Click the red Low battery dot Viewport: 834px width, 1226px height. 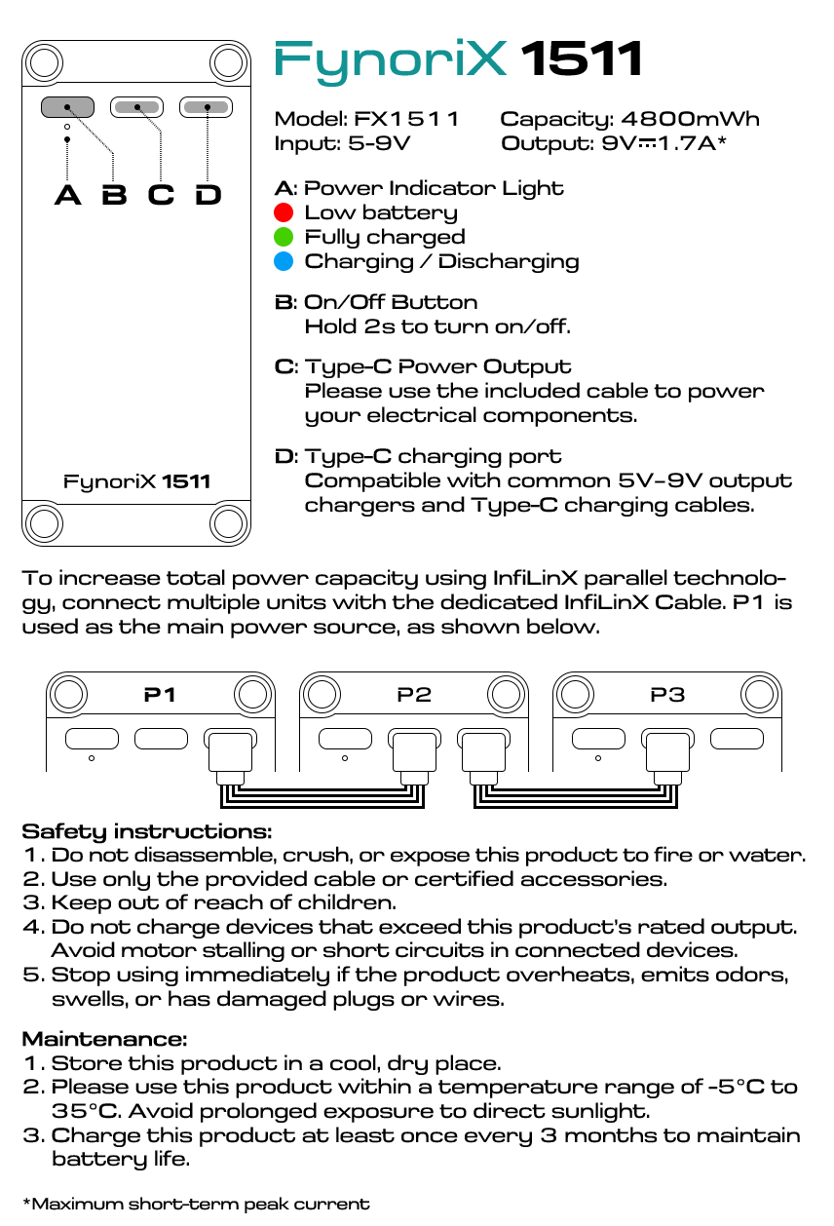coord(284,212)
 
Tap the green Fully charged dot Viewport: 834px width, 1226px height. coord(284,237)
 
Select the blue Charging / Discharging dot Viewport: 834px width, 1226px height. coord(284,261)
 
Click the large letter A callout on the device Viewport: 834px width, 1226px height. coord(67,195)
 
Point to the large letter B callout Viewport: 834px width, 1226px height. coord(114,195)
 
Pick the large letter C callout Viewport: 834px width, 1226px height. coord(161,195)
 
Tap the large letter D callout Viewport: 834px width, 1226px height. coord(208,195)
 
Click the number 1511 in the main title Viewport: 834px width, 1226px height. coord(582,60)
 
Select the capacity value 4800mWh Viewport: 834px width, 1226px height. coord(690,120)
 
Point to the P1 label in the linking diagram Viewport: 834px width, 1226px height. coord(160,695)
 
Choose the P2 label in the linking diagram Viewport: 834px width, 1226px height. coord(414,695)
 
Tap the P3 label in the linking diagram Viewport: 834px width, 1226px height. coord(667,695)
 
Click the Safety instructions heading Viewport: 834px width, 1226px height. coord(146,831)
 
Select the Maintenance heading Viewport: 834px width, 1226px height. coord(104,1040)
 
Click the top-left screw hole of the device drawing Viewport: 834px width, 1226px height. coord(44,63)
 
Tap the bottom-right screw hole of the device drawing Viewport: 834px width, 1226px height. coord(229,523)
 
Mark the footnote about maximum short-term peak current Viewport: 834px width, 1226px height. coord(196,1204)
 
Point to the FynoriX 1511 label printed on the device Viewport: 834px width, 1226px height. coord(136,481)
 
